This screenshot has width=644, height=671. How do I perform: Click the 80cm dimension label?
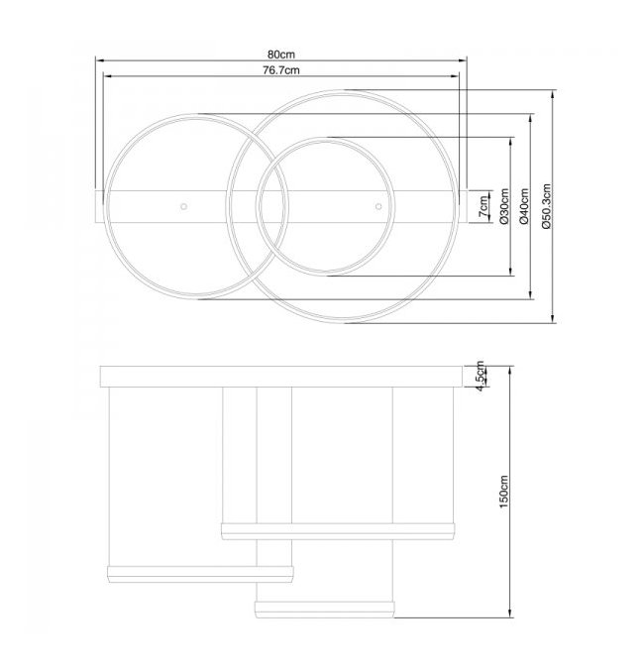coord(281,55)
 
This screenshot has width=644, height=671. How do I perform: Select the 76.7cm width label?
coord(281,70)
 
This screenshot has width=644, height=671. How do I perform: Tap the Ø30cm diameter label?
coord(504,206)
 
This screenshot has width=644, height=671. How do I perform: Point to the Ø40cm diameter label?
coord(524,206)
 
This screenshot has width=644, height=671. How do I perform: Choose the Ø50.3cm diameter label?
coord(547,206)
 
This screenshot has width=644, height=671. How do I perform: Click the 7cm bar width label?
coord(483,207)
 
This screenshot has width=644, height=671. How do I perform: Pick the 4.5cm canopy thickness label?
coord(481,377)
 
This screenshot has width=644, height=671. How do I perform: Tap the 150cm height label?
coord(503,492)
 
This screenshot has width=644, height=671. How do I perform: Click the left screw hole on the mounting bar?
coord(183,207)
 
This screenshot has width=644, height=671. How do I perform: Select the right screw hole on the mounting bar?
coord(378,207)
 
